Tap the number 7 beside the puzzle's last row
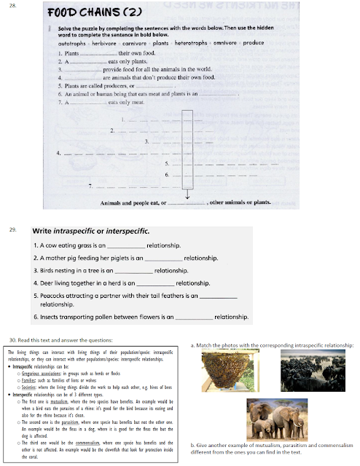(x=88, y=186)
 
